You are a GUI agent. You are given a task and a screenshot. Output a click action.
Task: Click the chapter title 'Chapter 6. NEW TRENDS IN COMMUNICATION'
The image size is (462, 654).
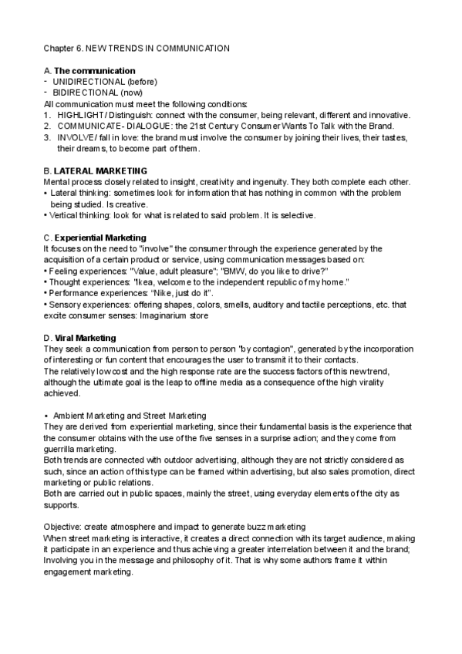[x=137, y=48]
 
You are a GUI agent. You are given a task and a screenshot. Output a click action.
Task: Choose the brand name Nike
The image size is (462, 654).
[x=165, y=294]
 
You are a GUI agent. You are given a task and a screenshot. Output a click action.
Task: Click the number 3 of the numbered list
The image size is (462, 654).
[x=47, y=137]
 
